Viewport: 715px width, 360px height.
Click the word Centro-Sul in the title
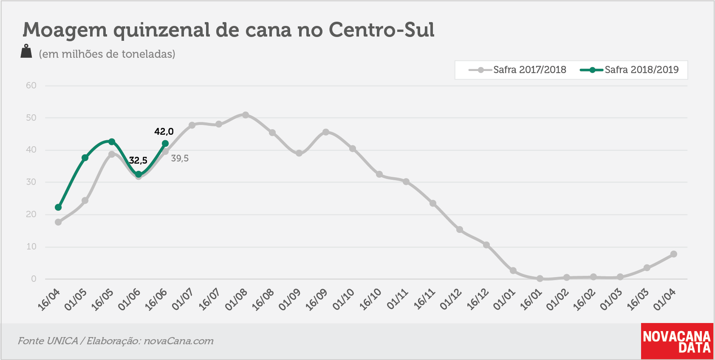click(x=382, y=30)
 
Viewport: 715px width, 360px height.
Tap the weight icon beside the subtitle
click(x=26, y=51)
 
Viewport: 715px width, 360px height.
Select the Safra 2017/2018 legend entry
click(x=517, y=70)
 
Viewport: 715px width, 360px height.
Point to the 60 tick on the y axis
click(x=31, y=85)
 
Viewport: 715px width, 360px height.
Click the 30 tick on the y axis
click(x=31, y=182)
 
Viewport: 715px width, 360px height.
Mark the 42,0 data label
click(x=164, y=131)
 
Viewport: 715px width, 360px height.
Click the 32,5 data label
click(x=138, y=160)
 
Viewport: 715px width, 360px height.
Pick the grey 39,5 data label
click(x=180, y=158)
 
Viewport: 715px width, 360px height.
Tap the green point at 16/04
click(x=58, y=207)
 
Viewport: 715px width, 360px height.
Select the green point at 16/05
click(x=112, y=142)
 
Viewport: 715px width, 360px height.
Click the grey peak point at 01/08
click(x=246, y=115)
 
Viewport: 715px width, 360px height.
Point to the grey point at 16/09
click(x=325, y=132)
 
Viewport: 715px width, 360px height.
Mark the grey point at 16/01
click(x=540, y=278)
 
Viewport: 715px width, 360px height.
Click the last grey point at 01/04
click(x=673, y=254)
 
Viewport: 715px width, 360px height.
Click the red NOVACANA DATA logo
click(x=677, y=341)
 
